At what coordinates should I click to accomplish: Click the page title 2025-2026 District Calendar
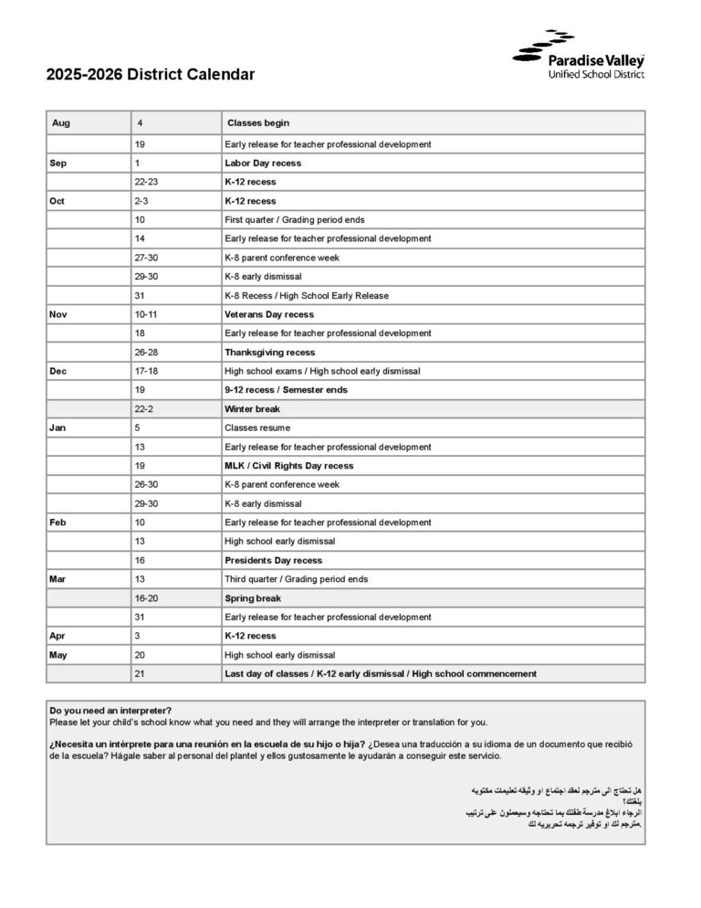pos(151,75)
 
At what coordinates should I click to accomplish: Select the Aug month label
pos(61,122)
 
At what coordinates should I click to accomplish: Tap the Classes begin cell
pos(258,122)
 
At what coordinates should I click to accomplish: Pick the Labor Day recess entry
pos(263,163)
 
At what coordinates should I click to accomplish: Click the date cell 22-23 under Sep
pos(146,182)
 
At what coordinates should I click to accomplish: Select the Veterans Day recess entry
pos(269,314)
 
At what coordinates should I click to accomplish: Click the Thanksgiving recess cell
pos(269,352)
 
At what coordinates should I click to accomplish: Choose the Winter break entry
pos(252,408)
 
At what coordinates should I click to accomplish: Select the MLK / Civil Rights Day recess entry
pos(288,466)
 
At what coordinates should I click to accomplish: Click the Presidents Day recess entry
pos(273,560)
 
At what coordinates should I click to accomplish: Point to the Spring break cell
pos(252,598)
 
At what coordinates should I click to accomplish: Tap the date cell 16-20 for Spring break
pos(146,598)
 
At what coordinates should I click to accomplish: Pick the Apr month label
pos(57,636)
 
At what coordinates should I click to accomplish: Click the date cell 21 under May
pos(140,673)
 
